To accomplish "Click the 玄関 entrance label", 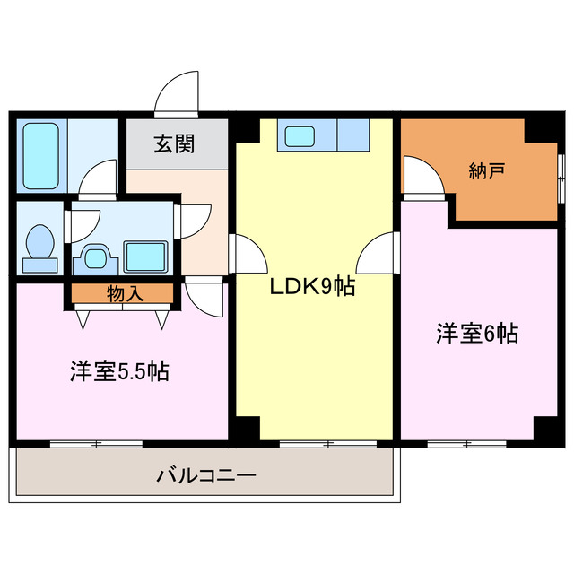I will click(173, 143).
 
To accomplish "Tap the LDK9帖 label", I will click(314, 287).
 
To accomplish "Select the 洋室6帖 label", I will click(477, 334).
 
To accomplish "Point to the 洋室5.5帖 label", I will click(118, 370).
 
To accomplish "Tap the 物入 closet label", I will click(122, 292).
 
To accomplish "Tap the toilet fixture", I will click(40, 245).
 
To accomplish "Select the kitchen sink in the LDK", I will click(300, 136).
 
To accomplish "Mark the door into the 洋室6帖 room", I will click(378, 255).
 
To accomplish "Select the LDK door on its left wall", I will click(249, 257).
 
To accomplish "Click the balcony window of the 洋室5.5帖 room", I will click(97, 443).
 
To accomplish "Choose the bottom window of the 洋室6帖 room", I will click(466, 443).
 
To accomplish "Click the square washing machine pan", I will click(143, 256).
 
